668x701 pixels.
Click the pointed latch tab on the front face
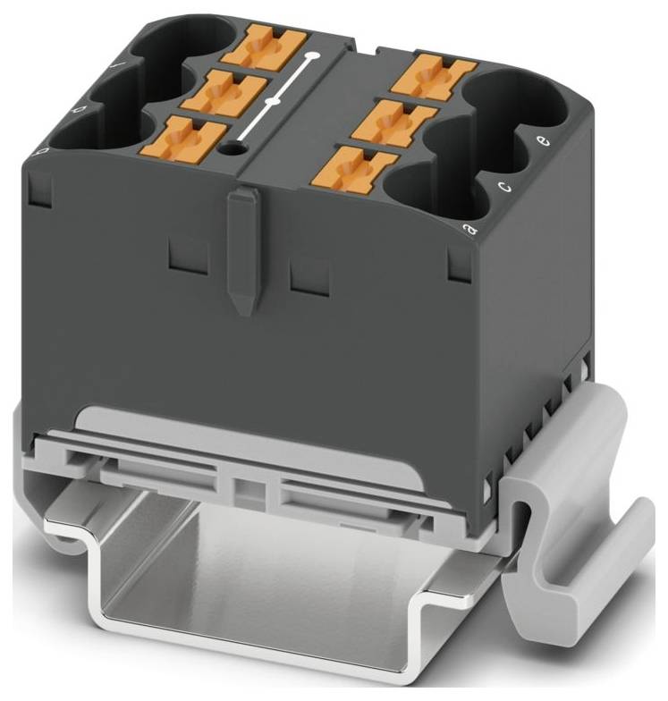pos(241,249)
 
